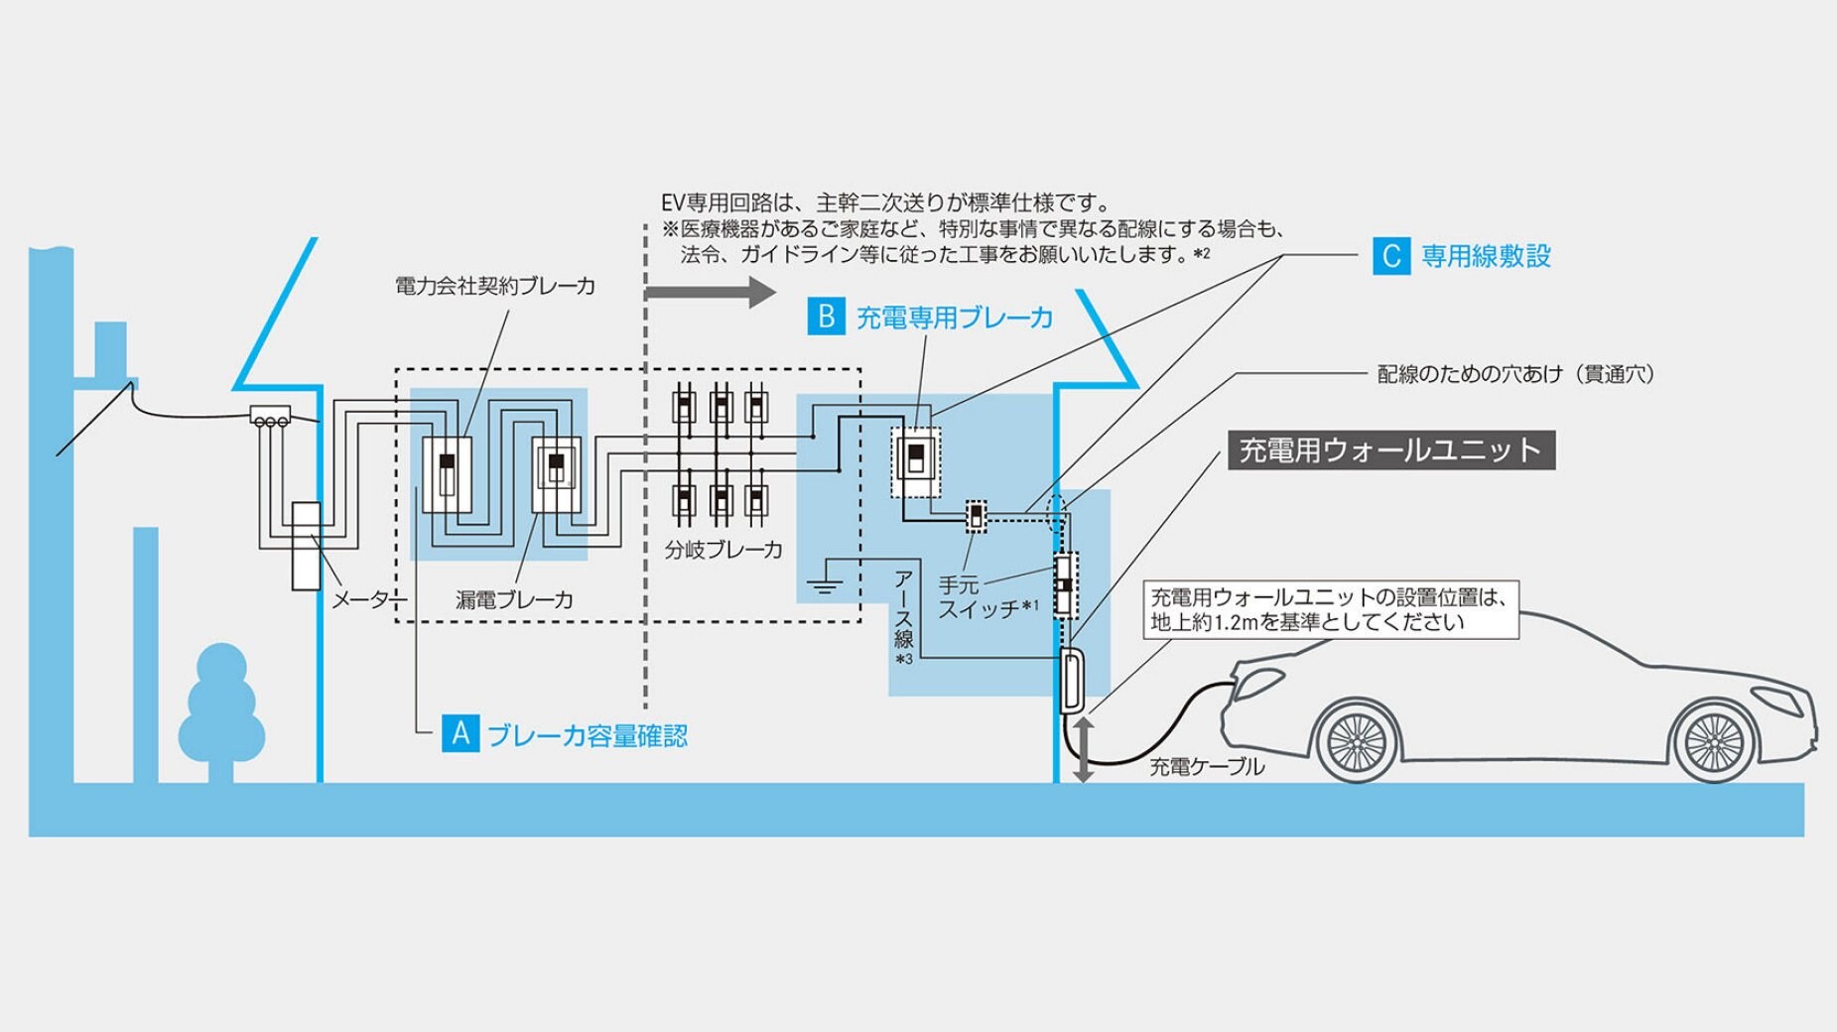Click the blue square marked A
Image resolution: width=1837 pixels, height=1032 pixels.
point(460,733)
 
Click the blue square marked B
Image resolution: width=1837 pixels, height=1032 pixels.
point(826,317)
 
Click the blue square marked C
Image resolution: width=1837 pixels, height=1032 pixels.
point(1391,256)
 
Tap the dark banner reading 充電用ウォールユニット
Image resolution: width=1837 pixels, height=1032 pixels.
point(1390,451)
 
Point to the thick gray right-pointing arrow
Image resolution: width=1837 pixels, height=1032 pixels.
point(711,292)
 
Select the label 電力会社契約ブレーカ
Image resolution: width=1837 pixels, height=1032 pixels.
point(495,287)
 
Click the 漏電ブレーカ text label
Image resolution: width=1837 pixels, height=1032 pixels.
point(514,600)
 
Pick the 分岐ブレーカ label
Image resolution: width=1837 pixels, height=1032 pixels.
point(723,550)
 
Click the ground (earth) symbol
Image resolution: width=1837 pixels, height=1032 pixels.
point(825,585)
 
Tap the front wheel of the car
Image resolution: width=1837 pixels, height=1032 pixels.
point(1356,740)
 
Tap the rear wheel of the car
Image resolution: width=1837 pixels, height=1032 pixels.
point(1714,740)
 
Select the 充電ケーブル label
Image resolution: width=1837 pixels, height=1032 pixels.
point(1207,767)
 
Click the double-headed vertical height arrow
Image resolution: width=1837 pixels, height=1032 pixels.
point(1084,749)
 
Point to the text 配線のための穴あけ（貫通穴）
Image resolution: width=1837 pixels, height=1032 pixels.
point(1515,374)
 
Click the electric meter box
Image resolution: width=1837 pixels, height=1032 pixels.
point(306,546)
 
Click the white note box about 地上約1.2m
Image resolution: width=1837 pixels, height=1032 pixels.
point(1331,609)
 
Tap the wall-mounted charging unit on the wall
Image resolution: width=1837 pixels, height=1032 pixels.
point(1072,681)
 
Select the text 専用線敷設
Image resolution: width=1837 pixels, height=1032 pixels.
point(1486,256)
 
